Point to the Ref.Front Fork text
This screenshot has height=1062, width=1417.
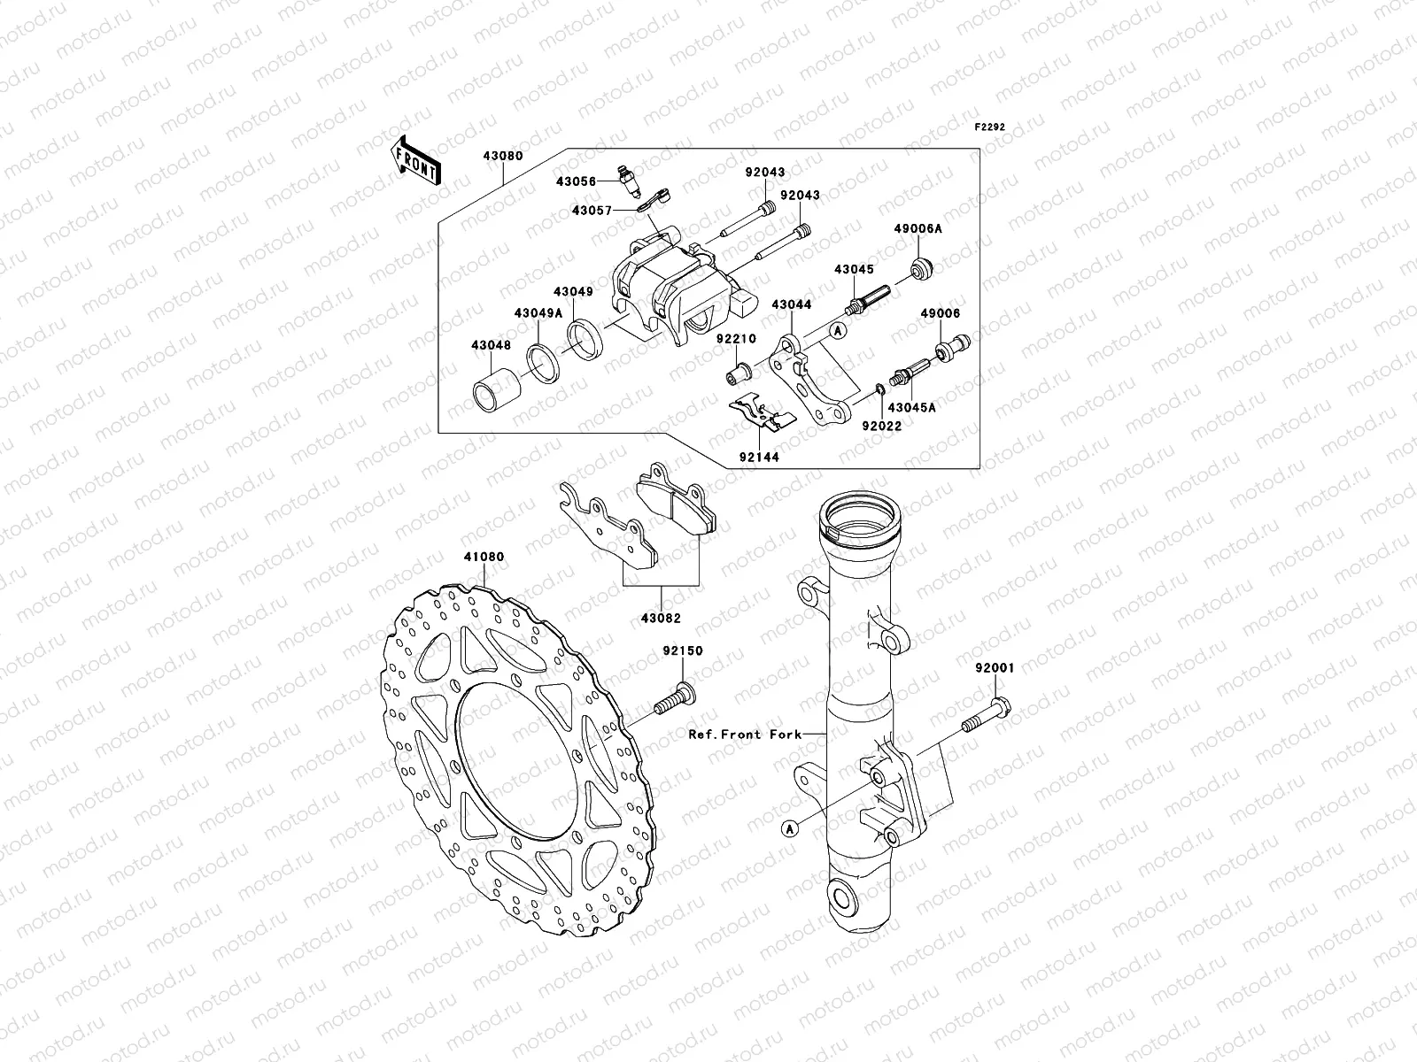[745, 734]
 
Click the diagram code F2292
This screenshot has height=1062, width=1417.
[990, 127]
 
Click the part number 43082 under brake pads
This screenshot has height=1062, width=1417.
[661, 619]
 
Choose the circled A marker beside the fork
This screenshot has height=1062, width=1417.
[790, 828]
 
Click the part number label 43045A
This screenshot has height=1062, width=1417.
[910, 408]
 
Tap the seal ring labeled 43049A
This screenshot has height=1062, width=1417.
[540, 362]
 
